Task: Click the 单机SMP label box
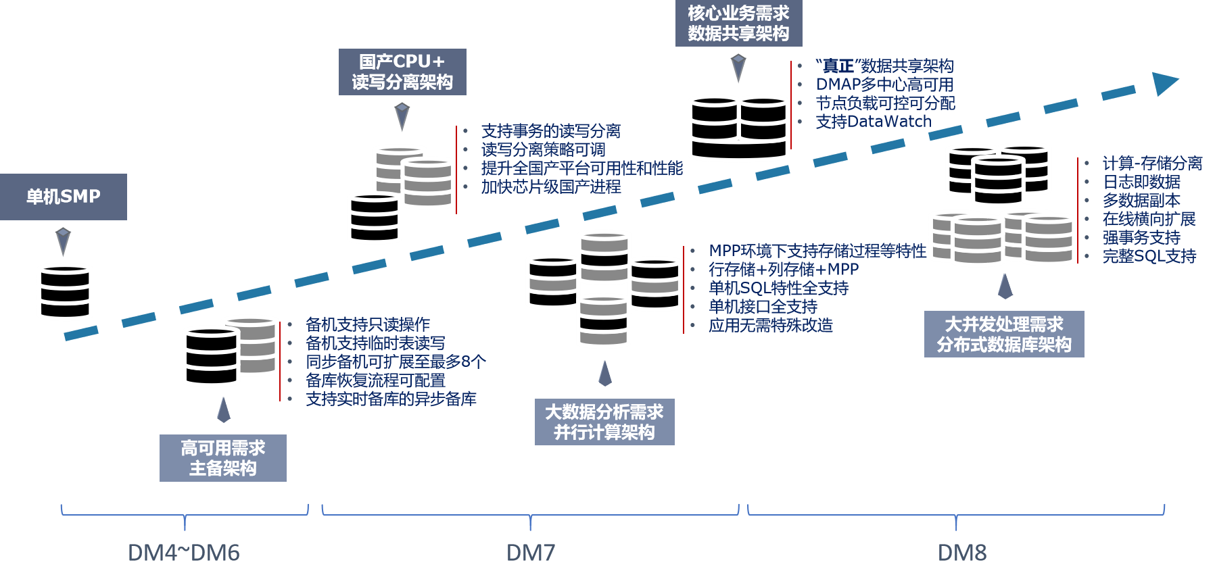(x=63, y=197)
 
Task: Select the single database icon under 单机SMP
(x=64, y=292)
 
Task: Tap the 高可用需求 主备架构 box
(x=222, y=457)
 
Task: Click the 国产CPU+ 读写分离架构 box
(x=402, y=72)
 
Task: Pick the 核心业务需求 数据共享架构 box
(x=738, y=23)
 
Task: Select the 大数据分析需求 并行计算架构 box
(x=604, y=422)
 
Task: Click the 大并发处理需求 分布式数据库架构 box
(x=1004, y=334)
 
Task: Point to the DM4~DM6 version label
(x=183, y=553)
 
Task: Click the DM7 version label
(x=531, y=553)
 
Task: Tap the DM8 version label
(x=961, y=553)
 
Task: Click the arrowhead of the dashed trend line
(x=1164, y=83)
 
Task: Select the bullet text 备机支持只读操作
(x=367, y=324)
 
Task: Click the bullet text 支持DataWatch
(x=873, y=122)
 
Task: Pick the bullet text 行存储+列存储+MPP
(x=783, y=270)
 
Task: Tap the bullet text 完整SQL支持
(x=1149, y=256)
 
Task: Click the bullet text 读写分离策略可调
(x=543, y=149)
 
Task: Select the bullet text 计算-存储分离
(x=1151, y=164)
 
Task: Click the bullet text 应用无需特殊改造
(x=770, y=326)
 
